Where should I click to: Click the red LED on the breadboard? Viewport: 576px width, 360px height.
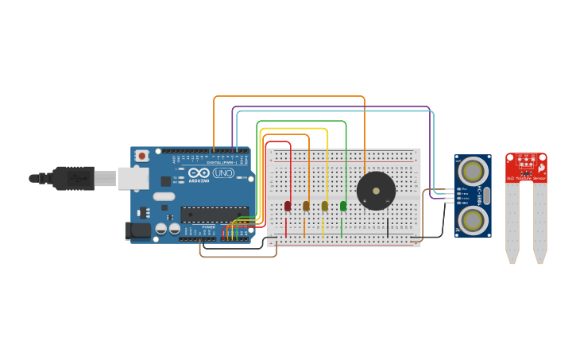click(288, 206)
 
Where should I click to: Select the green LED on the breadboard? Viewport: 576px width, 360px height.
click(343, 206)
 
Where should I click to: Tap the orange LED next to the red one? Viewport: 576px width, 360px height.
click(306, 206)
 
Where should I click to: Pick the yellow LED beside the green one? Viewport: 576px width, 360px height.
click(324, 206)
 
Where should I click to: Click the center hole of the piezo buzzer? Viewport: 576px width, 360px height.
click(376, 191)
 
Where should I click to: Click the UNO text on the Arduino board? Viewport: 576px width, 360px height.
click(223, 172)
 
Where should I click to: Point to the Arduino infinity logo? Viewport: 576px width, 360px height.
click(199, 172)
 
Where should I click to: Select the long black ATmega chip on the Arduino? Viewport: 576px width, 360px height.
click(214, 213)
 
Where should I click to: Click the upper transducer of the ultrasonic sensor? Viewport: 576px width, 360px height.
click(473, 171)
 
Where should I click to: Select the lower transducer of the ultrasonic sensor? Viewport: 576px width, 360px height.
click(473, 219)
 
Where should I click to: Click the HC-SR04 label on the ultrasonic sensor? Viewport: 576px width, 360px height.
click(479, 195)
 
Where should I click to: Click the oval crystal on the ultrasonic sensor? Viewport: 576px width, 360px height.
click(486, 195)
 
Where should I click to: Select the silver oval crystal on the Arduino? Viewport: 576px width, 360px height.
click(164, 196)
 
